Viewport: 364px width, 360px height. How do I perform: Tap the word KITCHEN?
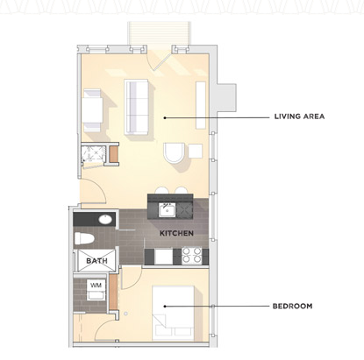pos(175,234)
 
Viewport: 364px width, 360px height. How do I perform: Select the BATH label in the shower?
pos(96,260)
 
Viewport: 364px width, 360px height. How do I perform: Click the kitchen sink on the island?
pos(168,208)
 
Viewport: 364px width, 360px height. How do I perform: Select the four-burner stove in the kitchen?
pos(192,255)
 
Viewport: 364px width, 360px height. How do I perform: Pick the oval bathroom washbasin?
pos(103,219)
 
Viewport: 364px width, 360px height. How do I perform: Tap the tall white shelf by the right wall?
pos(201,103)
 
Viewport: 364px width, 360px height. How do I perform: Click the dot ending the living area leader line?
pos(164,116)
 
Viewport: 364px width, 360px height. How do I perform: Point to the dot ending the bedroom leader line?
pos(164,307)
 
